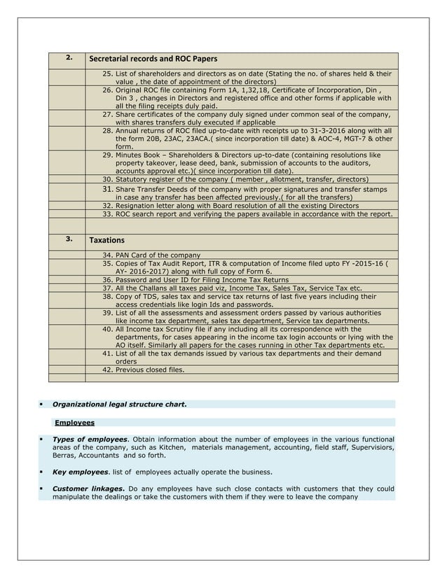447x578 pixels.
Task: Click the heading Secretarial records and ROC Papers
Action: pyautogui.click(x=153, y=58)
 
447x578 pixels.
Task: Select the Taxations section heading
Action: pyautogui.click(x=107, y=240)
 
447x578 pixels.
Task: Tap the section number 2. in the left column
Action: pyautogui.click(x=69, y=57)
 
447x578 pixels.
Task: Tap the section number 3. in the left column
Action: pyautogui.click(x=69, y=239)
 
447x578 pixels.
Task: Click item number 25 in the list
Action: pyautogui.click(x=108, y=73)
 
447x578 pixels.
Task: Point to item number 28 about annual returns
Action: pyautogui.click(x=108, y=131)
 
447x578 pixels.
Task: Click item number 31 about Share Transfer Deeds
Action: pyautogui.click(x=108, y=190)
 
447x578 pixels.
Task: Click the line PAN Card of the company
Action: pyautogui.click(x=158, y=255)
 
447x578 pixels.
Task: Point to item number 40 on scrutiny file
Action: pyautogui.click(x=108, y=329)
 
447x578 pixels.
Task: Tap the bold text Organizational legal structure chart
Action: pyautogui.click(x=120, y=404)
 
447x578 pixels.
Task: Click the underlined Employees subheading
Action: pyautogui.click(x=74, y=423)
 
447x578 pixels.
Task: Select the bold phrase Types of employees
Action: pyautogui.click(x=88, y=439)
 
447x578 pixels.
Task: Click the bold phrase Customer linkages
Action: pyautogui.click(x=89, y=488)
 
